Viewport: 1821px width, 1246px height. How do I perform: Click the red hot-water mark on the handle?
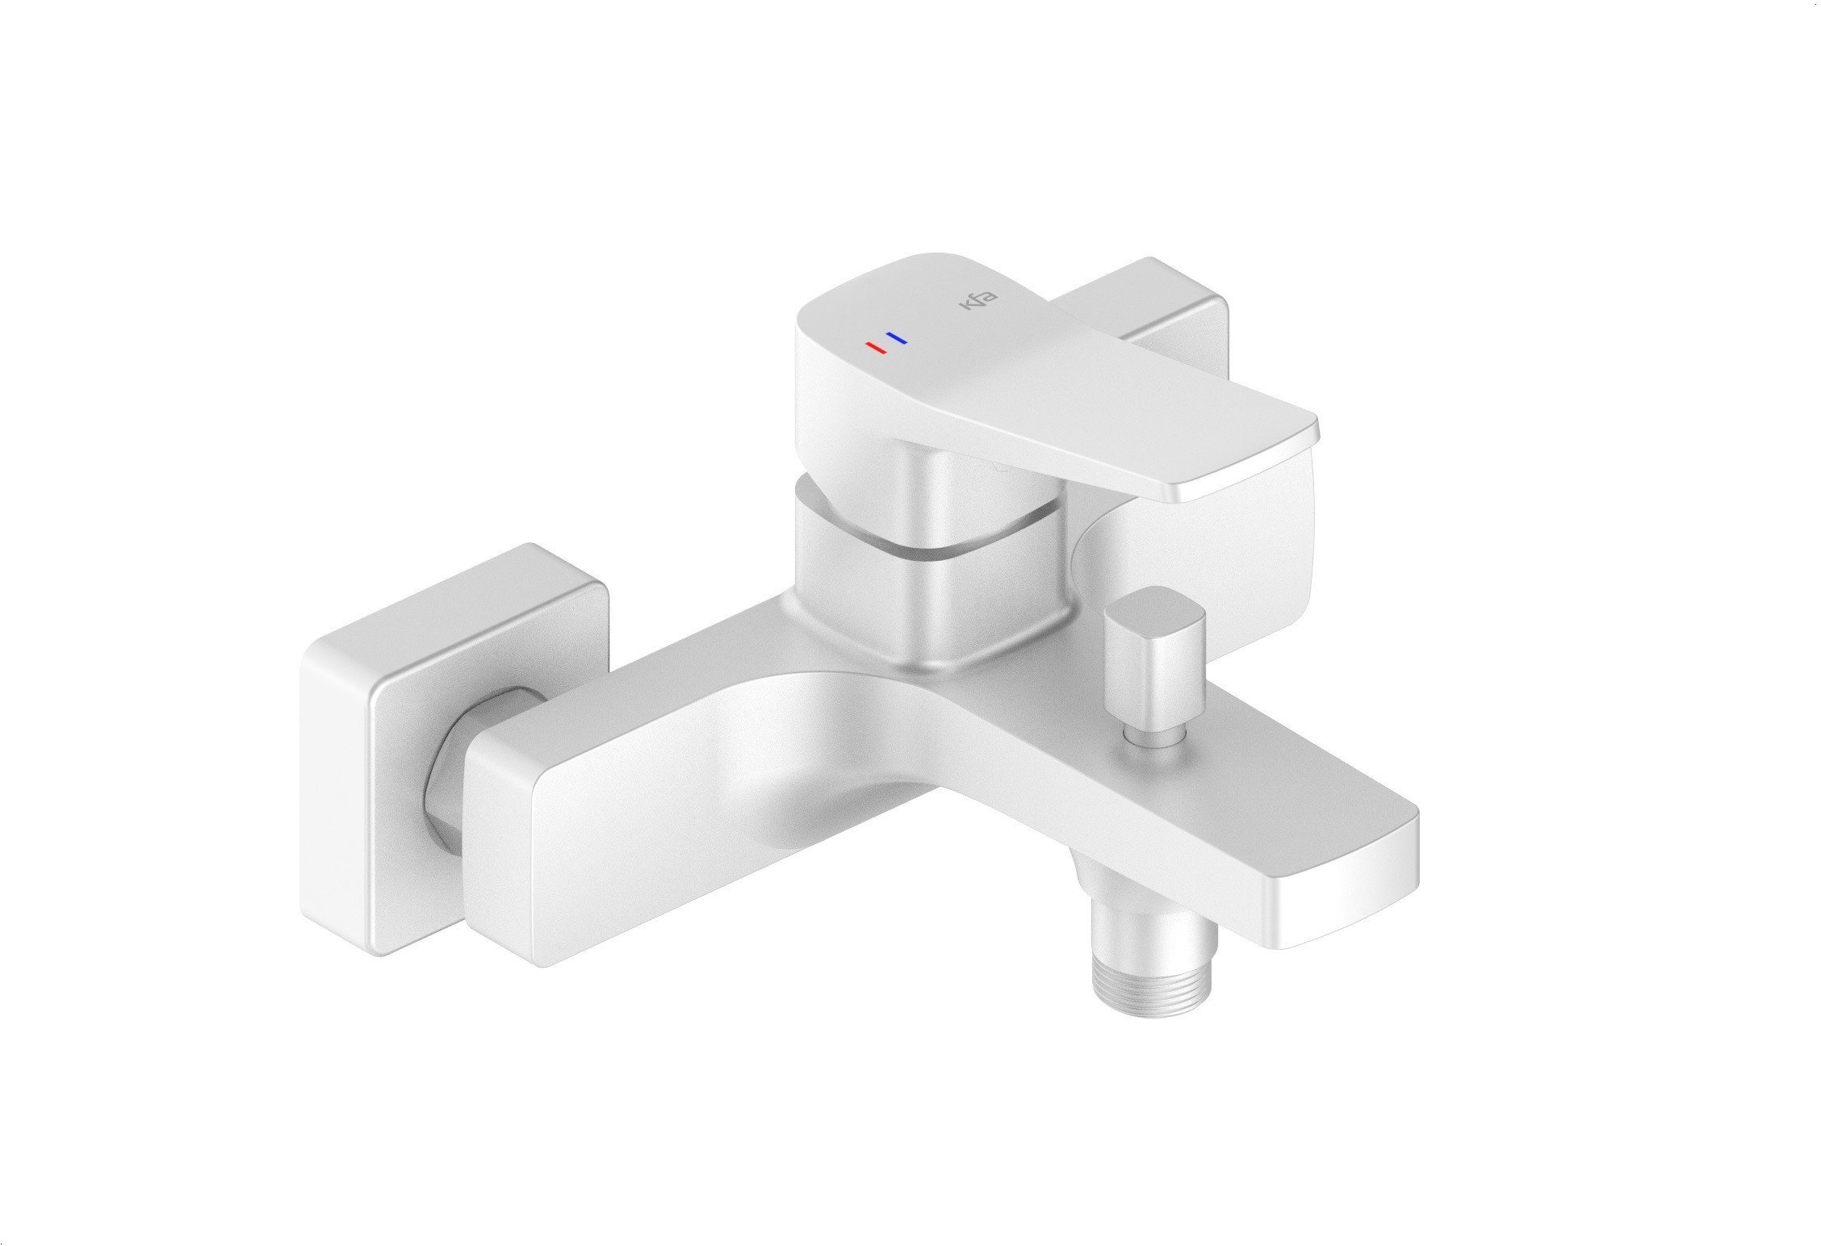875,348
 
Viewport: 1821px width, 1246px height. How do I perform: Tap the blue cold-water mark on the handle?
896,338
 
